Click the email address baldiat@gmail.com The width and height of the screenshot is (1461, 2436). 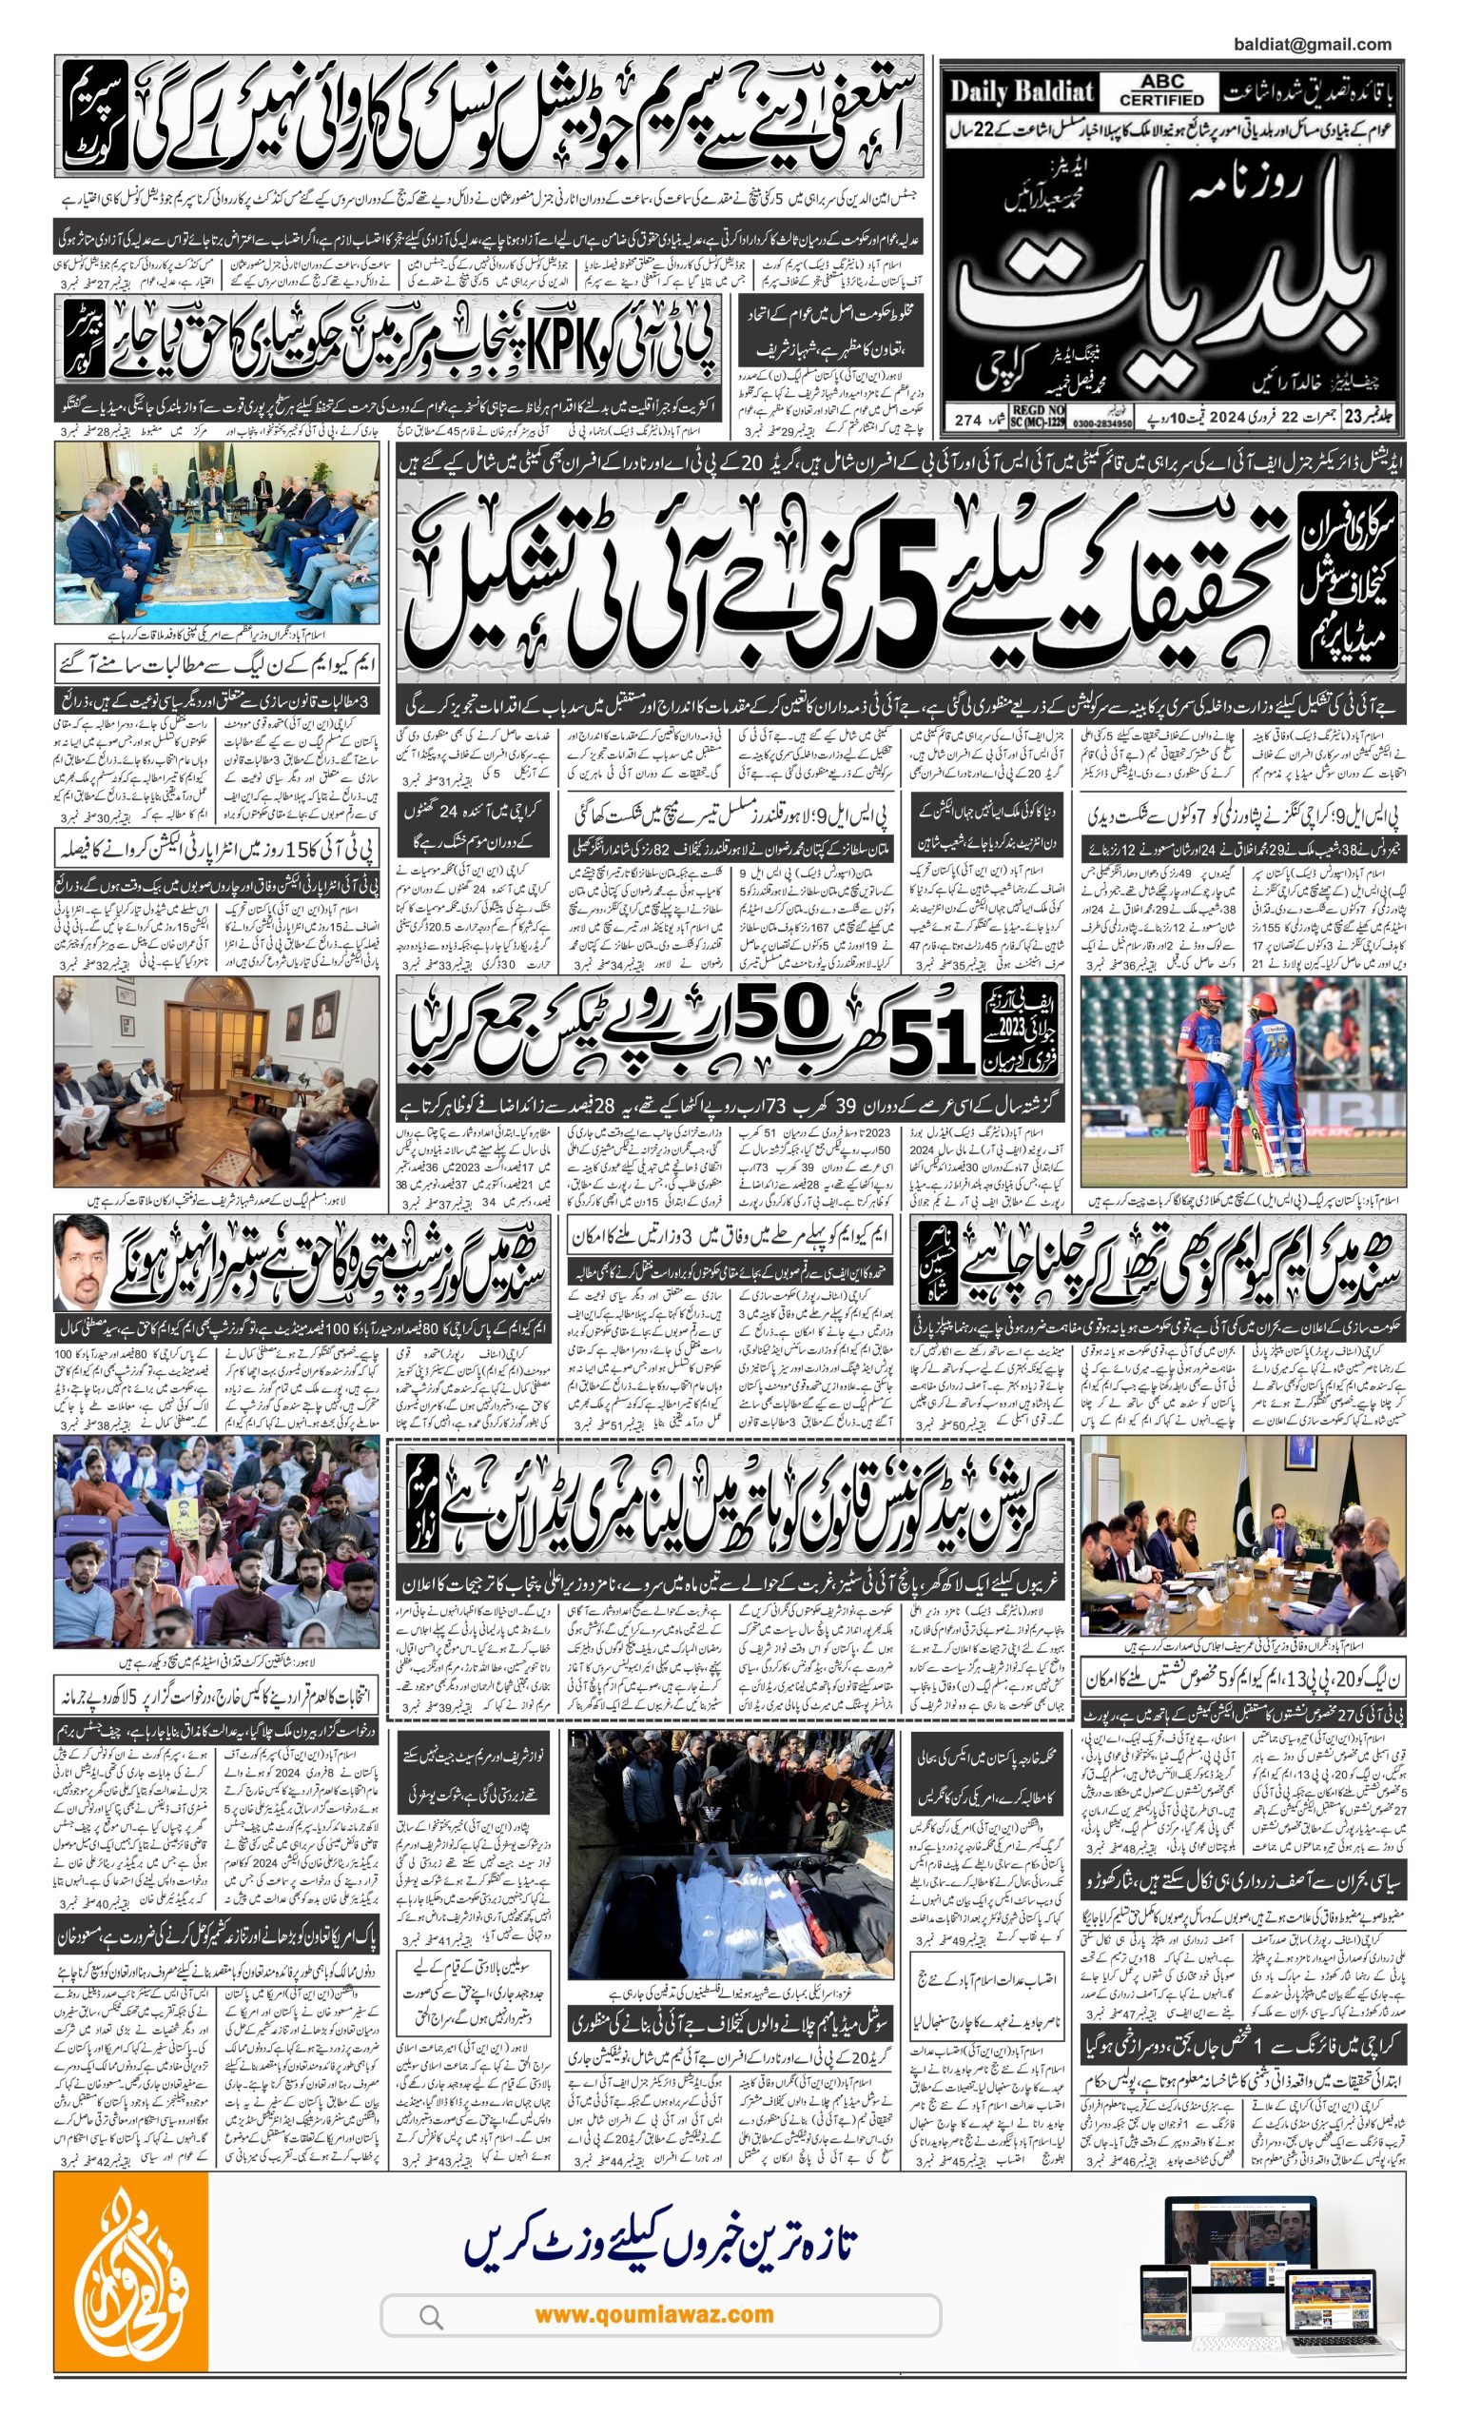(1312, 45)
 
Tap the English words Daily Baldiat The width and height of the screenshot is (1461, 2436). (1021, 92)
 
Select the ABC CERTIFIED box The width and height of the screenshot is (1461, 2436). (1160, 92)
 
